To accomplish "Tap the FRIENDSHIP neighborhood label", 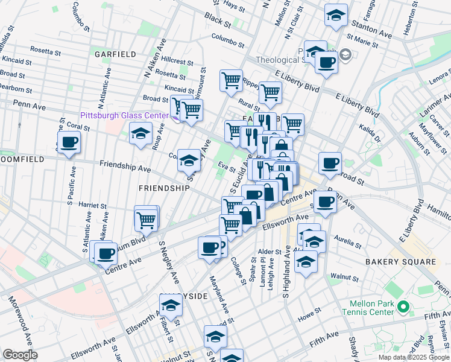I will (164, 188).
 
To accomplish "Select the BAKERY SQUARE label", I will (400, 261).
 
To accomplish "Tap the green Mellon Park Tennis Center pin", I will (403, 308).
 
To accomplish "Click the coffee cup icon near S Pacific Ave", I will (68, 142).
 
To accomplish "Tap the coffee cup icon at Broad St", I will (330, 163).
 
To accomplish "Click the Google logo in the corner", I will (20, 355).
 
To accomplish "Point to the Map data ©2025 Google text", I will (414, 357).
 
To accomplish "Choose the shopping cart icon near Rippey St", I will (271, 92).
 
